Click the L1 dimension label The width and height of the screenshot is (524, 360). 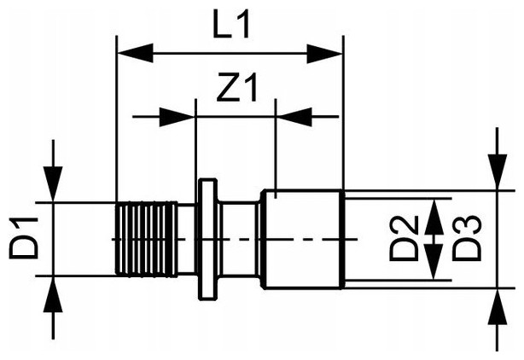(231, 25)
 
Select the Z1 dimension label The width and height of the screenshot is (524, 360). (237, 88)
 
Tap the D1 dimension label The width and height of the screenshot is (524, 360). (23, 237)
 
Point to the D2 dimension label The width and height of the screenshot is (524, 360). (404, 238)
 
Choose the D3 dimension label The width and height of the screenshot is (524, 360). (467, 238)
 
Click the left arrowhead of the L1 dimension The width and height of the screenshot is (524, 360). (135, 53)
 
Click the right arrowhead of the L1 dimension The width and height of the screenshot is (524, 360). (324, 54)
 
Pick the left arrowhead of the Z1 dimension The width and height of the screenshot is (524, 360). (178, 117)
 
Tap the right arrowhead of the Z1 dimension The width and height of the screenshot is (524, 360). (294, 117)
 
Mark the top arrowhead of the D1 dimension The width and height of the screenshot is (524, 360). (53, 184)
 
